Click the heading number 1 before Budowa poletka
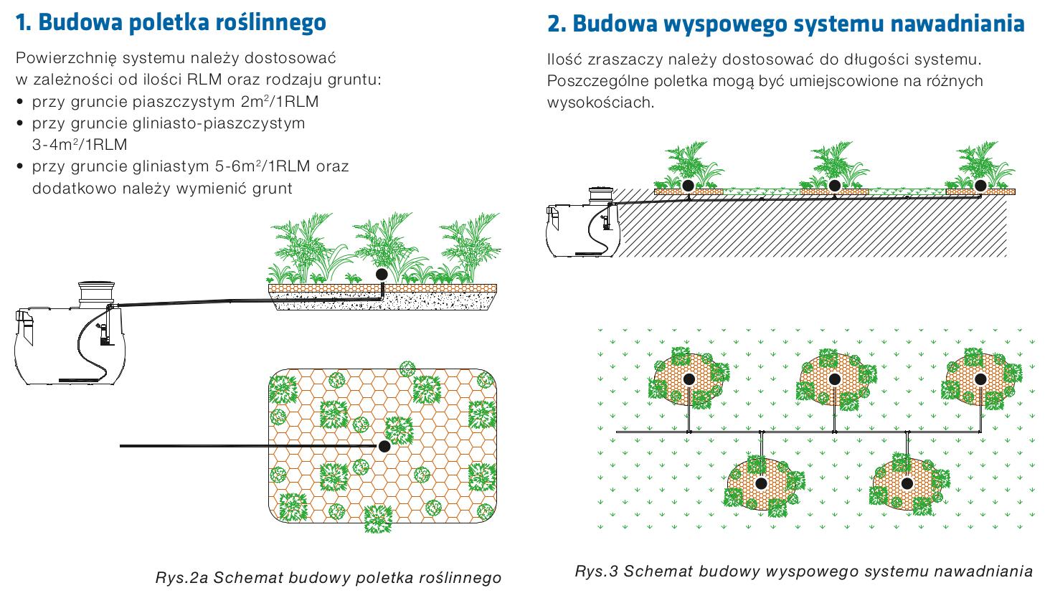pyautogui.click(x=23, y=23)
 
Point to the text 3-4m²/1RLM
pyautogui.click(x=80, y=144)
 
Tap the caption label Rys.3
pyautogui.click(x=596, y=571)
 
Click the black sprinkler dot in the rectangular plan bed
pyautogui.click(x=384, y=446)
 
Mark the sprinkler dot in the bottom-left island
pyautogui.click(x=761, y=483)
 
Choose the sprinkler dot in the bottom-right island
pyautogui.click(x=907, y=483)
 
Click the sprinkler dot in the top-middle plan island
pyautogui.click(x=834, y=379)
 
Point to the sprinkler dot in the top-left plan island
pyautogui.click(x=689, y=379)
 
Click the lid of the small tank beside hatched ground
pyautogui.click(x=602, y=194)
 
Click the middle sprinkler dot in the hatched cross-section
pyautogui.click(x=834, y=186)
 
